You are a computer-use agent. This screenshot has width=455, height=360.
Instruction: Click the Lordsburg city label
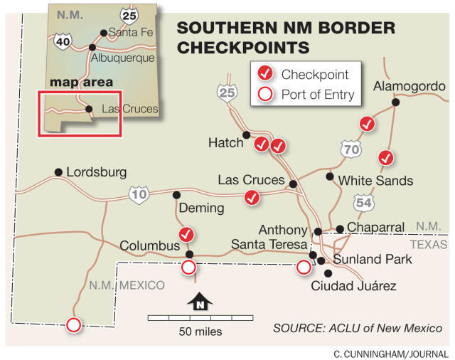pos(95,172)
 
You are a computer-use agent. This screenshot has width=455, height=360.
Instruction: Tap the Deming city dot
pos(176,195)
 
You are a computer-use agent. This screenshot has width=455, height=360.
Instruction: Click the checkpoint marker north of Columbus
pos(186,234)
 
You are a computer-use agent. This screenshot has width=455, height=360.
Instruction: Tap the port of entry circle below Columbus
pos(188,268)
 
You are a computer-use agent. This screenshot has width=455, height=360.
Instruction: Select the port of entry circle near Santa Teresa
pos(303,268)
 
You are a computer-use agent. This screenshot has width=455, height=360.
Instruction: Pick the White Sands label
pos(375,181)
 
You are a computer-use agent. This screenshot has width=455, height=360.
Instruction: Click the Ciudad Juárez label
pos(353,286)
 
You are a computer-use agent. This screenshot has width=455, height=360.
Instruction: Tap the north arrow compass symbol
pos(200,303)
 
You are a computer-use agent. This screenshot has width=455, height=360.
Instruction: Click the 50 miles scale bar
pos(200,317)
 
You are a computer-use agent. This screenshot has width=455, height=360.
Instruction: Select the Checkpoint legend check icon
pos(264,73)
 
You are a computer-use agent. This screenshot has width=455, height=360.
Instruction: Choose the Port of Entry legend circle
pos(264,93)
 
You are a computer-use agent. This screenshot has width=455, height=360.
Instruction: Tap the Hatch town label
pos(225,143)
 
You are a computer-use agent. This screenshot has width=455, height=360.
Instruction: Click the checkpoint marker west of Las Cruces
pos(252,198)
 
